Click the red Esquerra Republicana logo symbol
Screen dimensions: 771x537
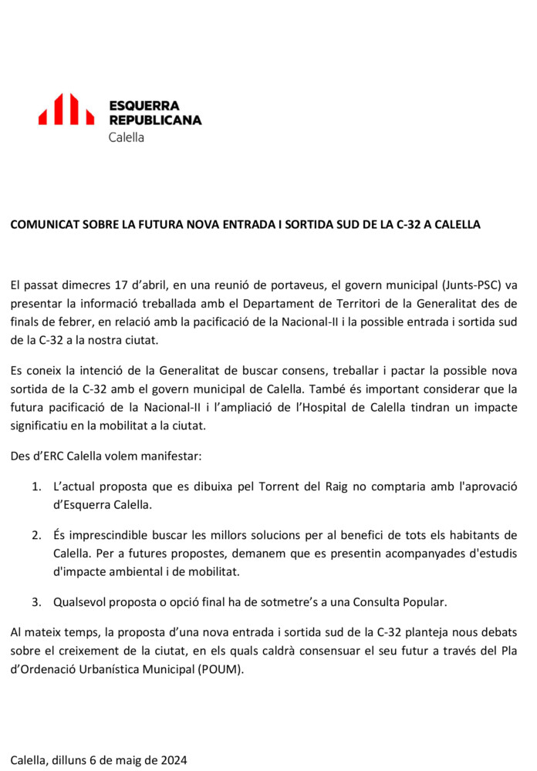coord(66,109)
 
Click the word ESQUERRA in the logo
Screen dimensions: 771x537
coord(144,105)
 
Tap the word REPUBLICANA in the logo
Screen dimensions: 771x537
coord(155,120)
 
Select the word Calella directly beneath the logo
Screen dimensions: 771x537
coord(127,137)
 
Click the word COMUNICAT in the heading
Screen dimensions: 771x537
coord(44,224)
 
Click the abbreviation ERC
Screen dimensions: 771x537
coord(51,456)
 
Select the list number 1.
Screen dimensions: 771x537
coord(36,487)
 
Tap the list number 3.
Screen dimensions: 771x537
coord(36,601)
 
